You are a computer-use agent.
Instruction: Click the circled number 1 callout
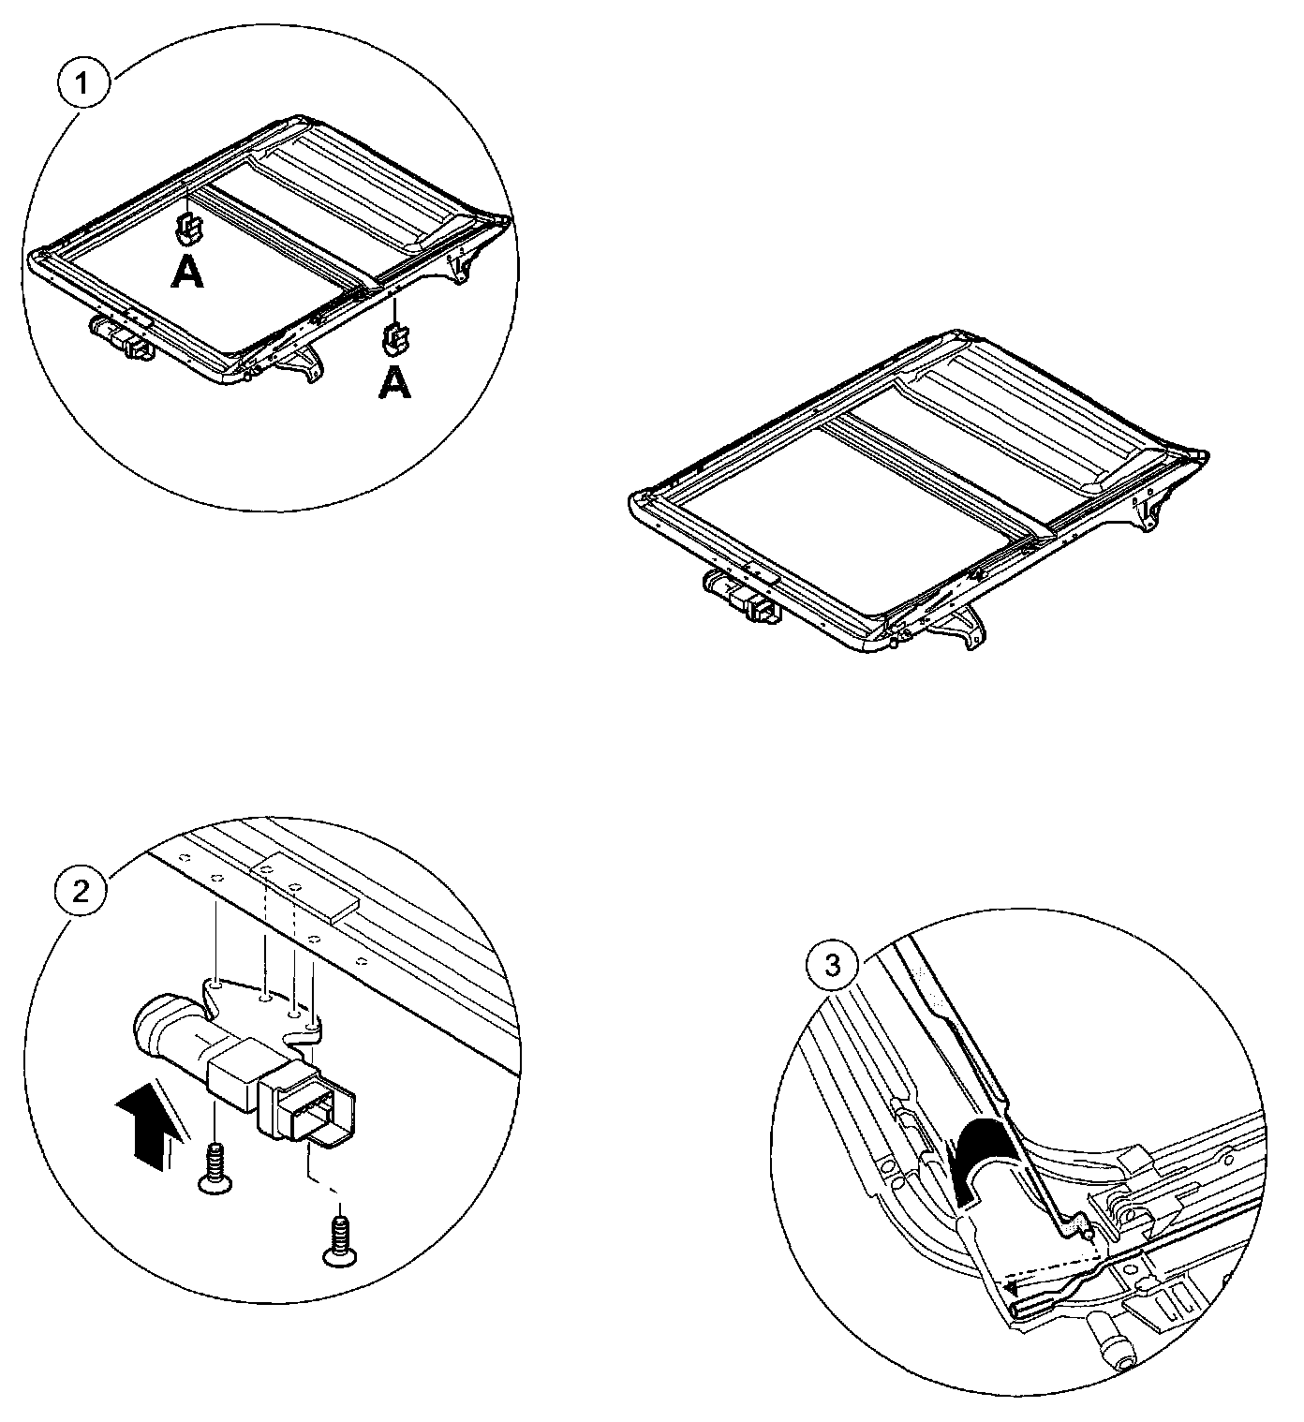83,83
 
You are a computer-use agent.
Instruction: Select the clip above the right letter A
396,336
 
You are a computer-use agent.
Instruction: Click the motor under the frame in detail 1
122,337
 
